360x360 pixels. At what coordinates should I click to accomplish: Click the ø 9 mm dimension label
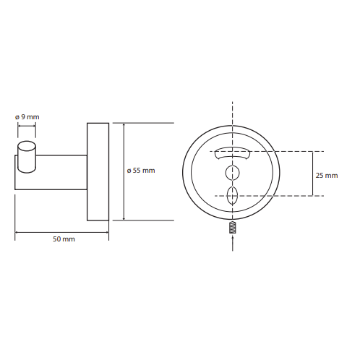[x=27, y=117]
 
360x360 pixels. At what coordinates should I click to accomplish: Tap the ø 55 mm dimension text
[x=141, y=171]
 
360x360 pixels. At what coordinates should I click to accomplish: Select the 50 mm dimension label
[x=64, y=239]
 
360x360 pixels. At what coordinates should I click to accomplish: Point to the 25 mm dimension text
[x=327, y=176]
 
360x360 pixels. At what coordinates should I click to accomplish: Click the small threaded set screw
[x=232, y=227]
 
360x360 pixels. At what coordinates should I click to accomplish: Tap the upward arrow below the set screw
[x=233, y=244]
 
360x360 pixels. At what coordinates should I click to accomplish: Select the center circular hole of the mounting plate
[x=233, y=173]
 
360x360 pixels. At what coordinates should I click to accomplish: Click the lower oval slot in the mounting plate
[x=233, y=196]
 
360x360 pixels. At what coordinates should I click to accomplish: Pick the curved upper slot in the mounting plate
[x=233, y=153]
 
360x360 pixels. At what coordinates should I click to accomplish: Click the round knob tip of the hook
[x=27, y=157]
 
